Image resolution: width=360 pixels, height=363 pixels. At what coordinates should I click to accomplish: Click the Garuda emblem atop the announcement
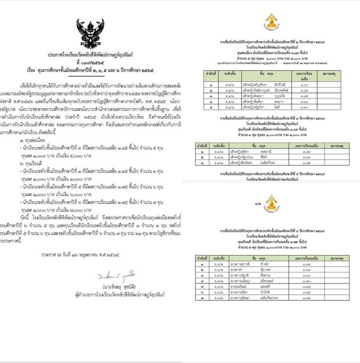coord(91,31)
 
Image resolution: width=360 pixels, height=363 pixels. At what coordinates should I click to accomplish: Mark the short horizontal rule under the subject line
coord(91,75)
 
